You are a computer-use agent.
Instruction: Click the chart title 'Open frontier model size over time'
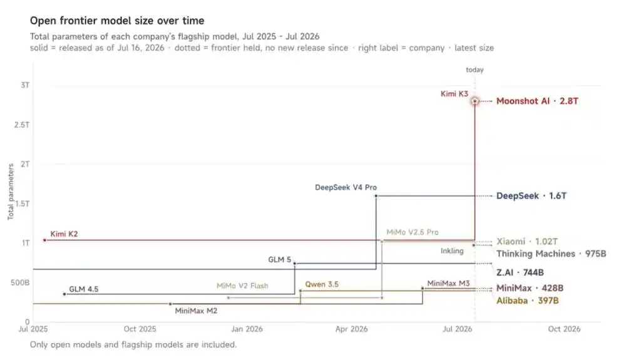point(117,21)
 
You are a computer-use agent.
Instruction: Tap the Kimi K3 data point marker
point(475,101)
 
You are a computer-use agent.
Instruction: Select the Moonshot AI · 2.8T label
point(537,101)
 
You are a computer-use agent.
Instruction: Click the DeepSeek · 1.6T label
point(531,196)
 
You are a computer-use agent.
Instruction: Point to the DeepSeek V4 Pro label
point(346,187)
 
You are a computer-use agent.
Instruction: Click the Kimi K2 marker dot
point(44,240)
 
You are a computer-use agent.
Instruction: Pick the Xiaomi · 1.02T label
point(527,242)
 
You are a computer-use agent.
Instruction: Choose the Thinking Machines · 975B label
point(552,254)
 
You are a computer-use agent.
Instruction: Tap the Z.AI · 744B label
point(520,272)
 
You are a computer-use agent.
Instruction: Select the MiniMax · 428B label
point(530,288)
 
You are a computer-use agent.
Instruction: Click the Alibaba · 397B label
point(527,301)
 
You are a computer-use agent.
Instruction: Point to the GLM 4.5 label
point(83,289)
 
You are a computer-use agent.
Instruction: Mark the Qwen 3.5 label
point(322,284)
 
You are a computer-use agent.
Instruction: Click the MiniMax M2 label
point(196,311)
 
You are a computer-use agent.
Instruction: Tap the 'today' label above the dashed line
point(475,70)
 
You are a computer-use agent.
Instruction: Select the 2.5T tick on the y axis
point(22,125)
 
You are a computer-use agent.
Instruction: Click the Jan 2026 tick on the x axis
point(247,329)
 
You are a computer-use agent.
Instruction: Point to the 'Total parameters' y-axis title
point(11,192)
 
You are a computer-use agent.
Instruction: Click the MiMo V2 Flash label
point(242,285)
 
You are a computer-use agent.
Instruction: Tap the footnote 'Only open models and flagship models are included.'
point(133,344)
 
